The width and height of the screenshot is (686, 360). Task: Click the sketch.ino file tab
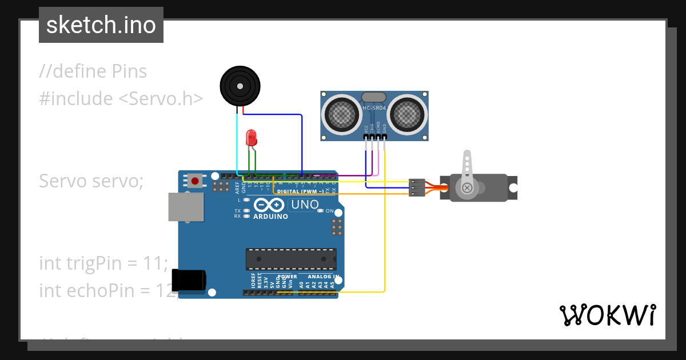pos(101,25)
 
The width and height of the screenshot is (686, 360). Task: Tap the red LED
pos(251,138)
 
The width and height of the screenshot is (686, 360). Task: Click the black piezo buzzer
pos(239,86)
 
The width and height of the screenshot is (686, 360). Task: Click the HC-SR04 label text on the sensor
pos(374,108)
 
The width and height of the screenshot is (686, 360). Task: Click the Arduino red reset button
pos(196,181)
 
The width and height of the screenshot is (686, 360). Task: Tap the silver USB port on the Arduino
pos(186,207)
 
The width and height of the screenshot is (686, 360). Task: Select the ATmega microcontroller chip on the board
pos(290,259)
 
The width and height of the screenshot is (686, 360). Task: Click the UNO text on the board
pos(305,205)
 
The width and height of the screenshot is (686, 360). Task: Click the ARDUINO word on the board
pos(270,217)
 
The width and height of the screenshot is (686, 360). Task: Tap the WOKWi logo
pos(607,315)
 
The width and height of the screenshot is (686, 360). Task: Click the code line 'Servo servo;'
pos(91,181)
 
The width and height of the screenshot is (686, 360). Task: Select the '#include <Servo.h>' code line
pos(121,99)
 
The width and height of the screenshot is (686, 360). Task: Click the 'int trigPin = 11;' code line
pos(103,263)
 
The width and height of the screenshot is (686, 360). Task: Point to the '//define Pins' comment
pos(93,71)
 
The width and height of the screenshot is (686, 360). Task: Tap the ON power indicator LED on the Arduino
pos(321,211)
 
